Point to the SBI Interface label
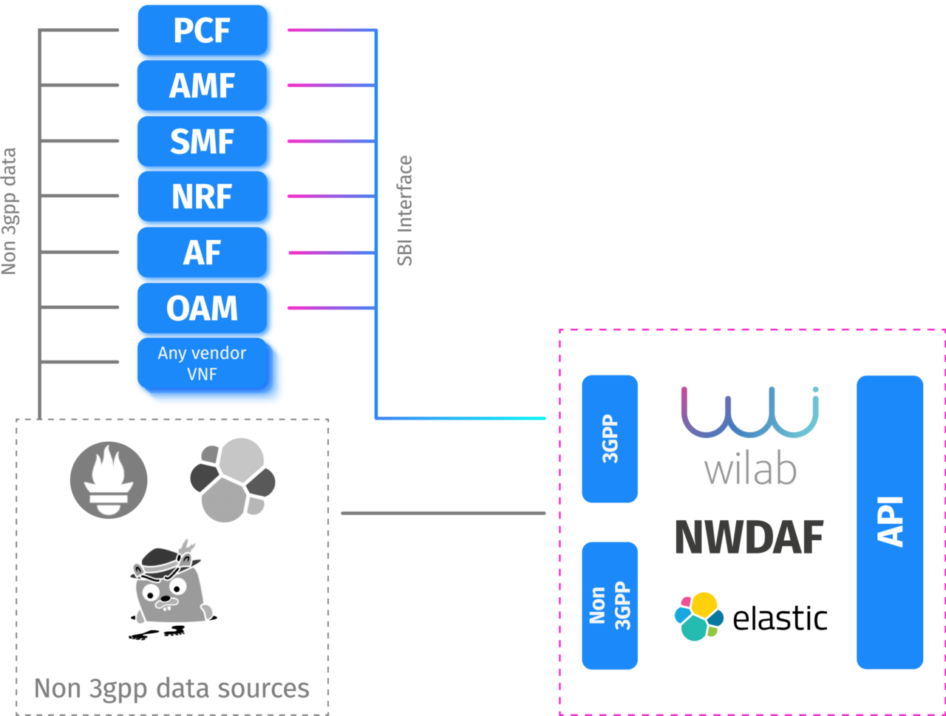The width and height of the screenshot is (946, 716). [405, 211]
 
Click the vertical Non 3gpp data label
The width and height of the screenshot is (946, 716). [10, 211]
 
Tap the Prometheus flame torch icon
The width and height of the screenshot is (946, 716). [109, 480]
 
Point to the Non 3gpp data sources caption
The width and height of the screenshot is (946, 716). [171, 689]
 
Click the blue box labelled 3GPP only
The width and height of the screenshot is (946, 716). [610, 438]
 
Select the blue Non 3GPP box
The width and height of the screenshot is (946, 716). [610, 605]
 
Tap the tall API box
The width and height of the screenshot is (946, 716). [890, 522]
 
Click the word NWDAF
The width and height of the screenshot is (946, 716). [749, 537]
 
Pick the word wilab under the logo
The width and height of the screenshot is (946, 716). [749, 469]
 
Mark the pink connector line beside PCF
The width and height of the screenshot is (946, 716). [310, 31]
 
